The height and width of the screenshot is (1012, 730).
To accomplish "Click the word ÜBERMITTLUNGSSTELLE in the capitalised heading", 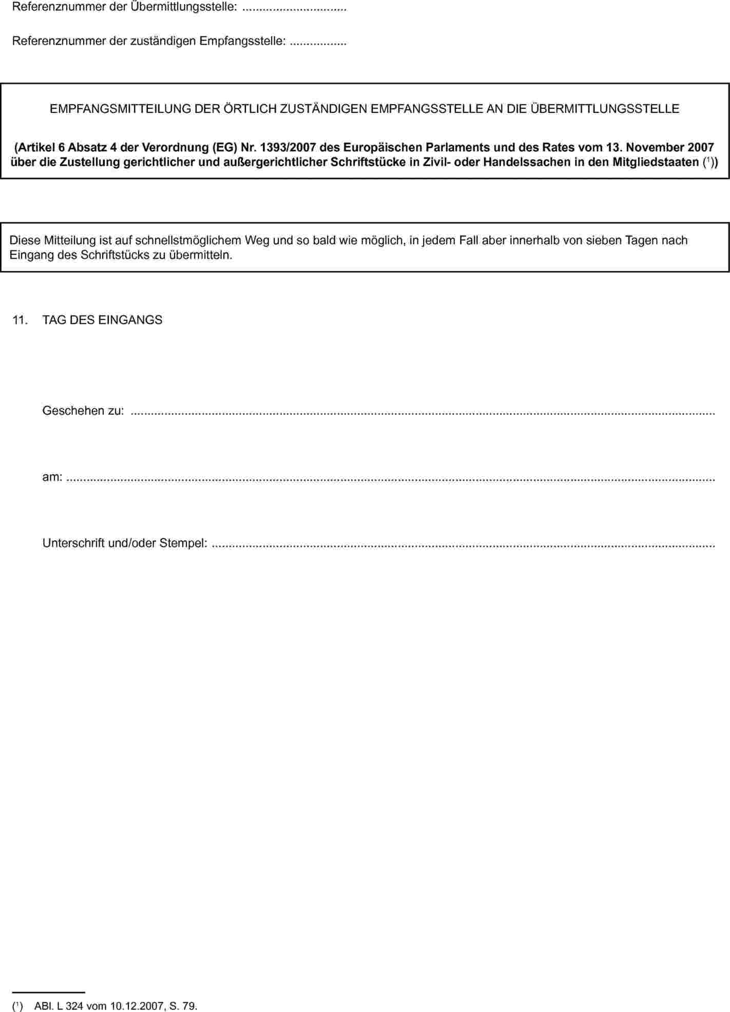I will click(x=605, y=109).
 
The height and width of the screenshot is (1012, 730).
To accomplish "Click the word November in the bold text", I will click(x=655, y=148).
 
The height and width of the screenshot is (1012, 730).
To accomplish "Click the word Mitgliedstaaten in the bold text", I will click(x=656, y=163).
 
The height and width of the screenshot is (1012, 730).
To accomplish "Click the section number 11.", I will click(x=20, y=320).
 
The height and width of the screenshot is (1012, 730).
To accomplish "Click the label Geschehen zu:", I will click(x=83, y=411).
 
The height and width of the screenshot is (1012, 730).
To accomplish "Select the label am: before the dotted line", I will click(x=52, y=477).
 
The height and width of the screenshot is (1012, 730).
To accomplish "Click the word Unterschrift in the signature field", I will click(x=74, y=543).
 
